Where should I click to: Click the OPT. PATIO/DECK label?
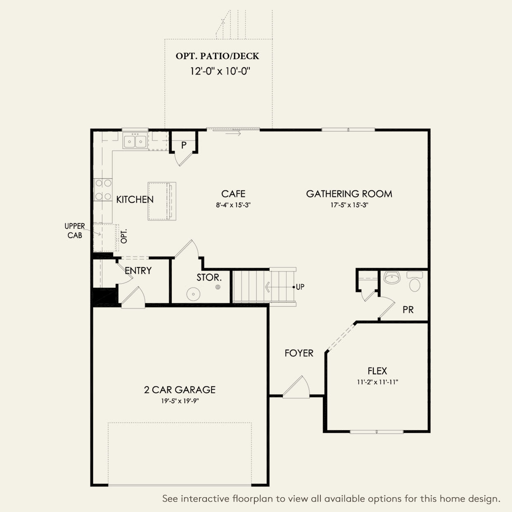(x=217, y=56)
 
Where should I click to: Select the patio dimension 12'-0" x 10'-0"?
(x=220, y=71)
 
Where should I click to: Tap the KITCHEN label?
(x=135, y=199)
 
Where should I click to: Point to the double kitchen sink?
(x=135, y=141)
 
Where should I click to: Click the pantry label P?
(x=184, y=145)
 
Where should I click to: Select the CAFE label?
(x=233, y=194)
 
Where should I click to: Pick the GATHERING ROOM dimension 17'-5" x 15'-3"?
(x=349, y=205)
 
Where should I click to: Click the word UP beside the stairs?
(x=300, y=287)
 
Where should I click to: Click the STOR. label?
(x=209, y=277)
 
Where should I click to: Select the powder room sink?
(x=392, y=278)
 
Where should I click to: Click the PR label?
(x=408, y=309)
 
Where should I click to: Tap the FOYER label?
(x=299, y=353)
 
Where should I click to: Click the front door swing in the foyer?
(x=296, y=387)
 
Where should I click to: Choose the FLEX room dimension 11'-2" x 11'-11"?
(x=377, y=382)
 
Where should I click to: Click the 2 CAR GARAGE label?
(x=180, y=389)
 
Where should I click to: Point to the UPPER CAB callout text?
(x=75, y=230)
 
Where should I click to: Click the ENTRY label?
(x=138, y=270)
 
